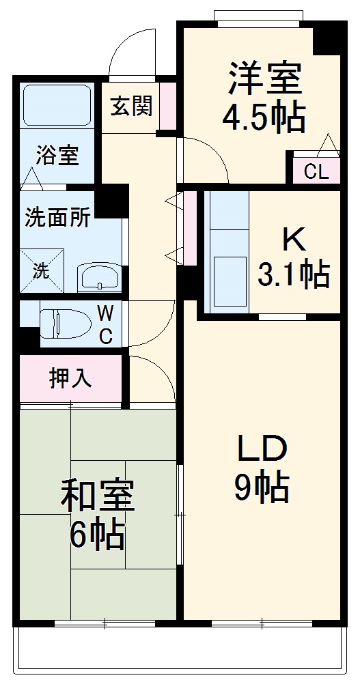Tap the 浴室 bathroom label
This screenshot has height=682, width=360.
coord(57,156)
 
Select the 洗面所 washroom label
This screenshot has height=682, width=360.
coord(57,218)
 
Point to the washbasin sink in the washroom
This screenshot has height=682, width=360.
coord(99,276)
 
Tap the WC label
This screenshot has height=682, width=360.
coord(105,325)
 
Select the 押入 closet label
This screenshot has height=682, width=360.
coord(70,378)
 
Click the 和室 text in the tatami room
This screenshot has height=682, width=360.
coord(98,496)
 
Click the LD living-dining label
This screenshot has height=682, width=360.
coord(263,449)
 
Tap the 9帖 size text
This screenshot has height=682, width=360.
coord(262,487)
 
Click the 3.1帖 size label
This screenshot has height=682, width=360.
coord(293,274)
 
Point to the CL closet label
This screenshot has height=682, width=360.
coord(316,171)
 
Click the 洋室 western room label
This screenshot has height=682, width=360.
coord(265,79)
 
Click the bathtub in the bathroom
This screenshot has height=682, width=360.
coord(57,106)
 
